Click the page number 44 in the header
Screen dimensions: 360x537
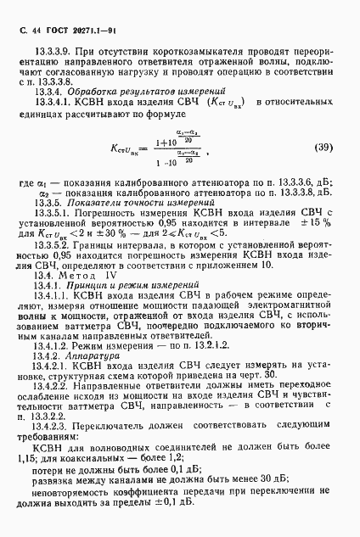point(39,28)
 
